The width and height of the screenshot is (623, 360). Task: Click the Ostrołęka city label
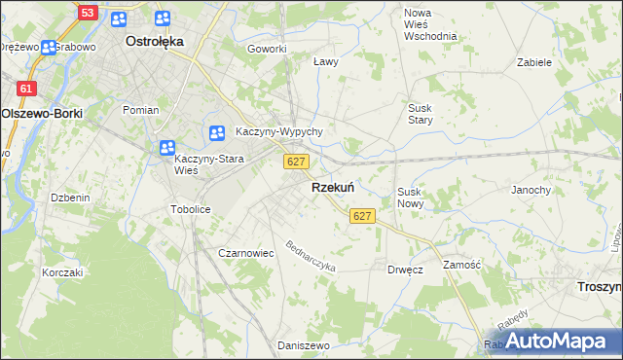[x=155, y=42]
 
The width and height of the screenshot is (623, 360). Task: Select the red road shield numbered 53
[x=89, y=13]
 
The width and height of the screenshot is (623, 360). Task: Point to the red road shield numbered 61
[x=26, y=89]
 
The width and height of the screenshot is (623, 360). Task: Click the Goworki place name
[x=267, y=49]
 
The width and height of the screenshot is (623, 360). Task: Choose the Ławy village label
[x=325, y=61]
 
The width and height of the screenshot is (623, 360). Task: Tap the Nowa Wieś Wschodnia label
[x=430, y=24]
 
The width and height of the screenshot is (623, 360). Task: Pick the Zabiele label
[x=534, y=61]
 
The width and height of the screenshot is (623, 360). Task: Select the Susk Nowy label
[x=409, y=198]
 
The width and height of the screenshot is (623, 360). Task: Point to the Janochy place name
[x=531, y=190]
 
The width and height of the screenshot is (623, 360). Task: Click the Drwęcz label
[x=404, y=270]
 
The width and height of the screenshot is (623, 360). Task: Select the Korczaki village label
[x=62, y=272]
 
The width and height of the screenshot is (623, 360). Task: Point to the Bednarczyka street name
[x=311, y=255]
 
